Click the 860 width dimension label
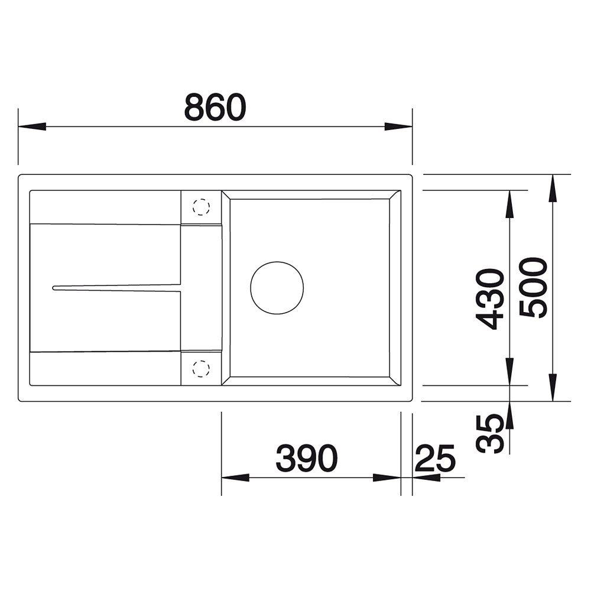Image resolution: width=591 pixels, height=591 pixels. tap(215, 108)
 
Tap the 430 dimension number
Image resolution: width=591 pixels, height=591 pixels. tap(492, 298)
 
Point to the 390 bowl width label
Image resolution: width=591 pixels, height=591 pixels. tap(307, 458)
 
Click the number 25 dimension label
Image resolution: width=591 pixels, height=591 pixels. tap(436, 458)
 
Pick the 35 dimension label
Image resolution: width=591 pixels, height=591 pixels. tap(492, 433)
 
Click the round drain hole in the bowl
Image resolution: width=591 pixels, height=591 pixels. tap(277, 288)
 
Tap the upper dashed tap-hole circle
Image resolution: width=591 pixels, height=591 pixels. tap(201, 207)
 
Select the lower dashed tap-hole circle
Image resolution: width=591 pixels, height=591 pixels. tap(201, 369)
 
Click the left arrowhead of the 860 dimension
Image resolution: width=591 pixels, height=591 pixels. tap(31, 126)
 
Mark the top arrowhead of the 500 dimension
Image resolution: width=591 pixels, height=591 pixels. tap(552, 188)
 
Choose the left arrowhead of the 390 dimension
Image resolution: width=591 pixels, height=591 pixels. tap(235, 478)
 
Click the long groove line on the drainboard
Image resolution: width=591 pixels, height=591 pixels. tap(118, 288)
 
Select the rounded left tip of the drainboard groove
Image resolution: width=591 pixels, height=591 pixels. tap(54, 288)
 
